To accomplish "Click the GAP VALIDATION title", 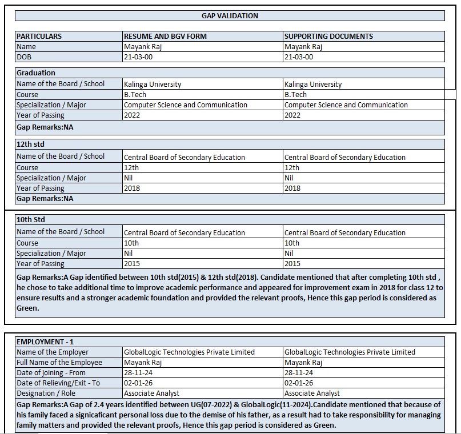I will pyautogui.click(x=230, y=16).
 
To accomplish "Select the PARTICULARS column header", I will pyautogui.click(x=39, y=37).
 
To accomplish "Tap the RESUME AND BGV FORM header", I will pyautogui.click(x=165, y=37).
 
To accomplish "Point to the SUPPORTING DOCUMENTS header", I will pyautogui.click(x=328, y=37).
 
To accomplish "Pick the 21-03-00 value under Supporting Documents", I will pyautogui.click(x=299, y=57).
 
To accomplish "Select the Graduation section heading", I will pyautogui.click(x=36, y=73).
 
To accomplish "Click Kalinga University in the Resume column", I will pyautogui.click(x=153, y=85).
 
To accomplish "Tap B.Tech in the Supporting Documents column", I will pyautogui.click(x=295, y=95).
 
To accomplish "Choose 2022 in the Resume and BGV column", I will pyautogui.click(x=132, y=115).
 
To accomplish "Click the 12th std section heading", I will pyautogui.click(x=30, y=145).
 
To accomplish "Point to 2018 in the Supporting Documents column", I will pyautogui.click(x=292, y=188).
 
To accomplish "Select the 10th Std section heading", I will pyautogui.click(x=31, y=220).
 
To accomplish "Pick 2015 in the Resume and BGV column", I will pyautogui.click(x=132, y=264).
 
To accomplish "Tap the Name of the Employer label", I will pyautogui.click(x=53, y=352).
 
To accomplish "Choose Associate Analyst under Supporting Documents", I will pyautogui.click(x=312, y=393).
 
